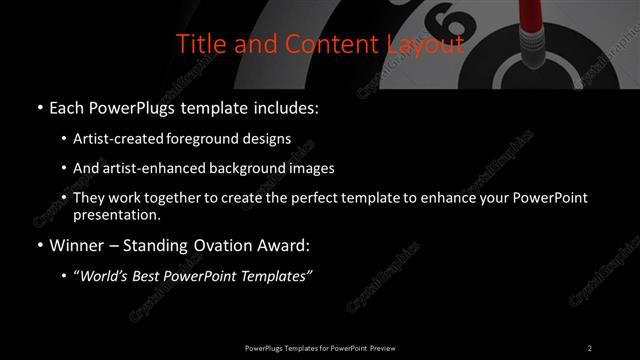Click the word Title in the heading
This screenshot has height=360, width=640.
(199, 44)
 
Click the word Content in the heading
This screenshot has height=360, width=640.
(318, 44)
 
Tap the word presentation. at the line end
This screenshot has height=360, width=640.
(116, 214)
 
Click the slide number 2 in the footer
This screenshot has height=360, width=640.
(590, 347)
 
